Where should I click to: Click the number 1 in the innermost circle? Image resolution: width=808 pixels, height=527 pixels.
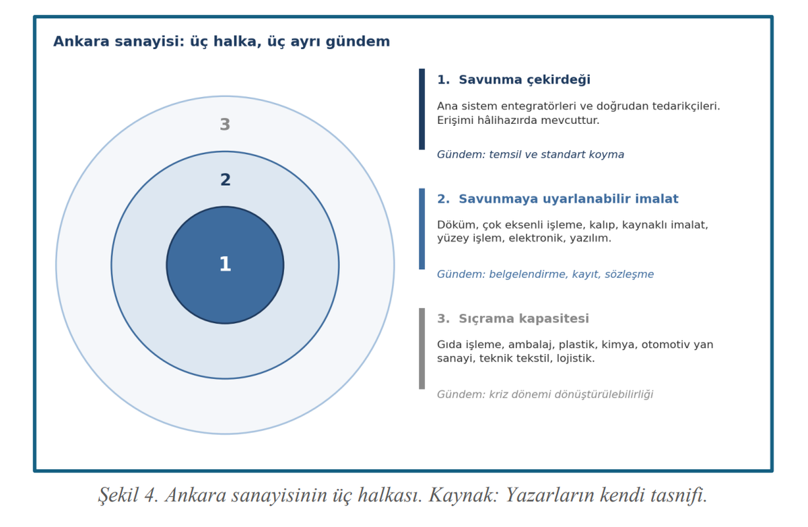pyautogui.click(x=225, y=264)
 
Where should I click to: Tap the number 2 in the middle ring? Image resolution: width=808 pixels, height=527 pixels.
pyautogui.click(x=226, y=180)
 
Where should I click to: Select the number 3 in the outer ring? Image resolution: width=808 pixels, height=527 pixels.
pyautogui.click(x=225, y=125)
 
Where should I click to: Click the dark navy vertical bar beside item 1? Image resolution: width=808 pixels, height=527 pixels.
pyautogui.click(x=422, y=109)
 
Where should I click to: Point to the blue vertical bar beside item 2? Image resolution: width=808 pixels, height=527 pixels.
pyautogui.click(x=422, y=229)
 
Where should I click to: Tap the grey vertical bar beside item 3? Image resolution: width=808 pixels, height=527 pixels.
pyautogui.click(x=422, y=349)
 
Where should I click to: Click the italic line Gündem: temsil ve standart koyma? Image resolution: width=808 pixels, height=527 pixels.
pyautogui.click(x=531, y=155)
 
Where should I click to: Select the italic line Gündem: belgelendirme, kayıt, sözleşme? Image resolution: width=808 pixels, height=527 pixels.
pyautogui.click(x=545, y=275)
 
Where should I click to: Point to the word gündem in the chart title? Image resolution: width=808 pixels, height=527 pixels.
pyautogui.click(x=358, y=42)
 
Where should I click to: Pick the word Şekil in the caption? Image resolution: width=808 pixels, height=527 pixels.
pyautogui.click(x=119, y=495)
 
